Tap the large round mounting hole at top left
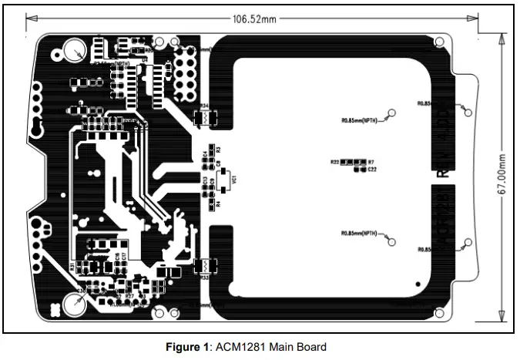[x=75, y=52]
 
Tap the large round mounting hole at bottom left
[x=76, y=304]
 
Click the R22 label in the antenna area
[x=335, y=163]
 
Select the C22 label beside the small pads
[x=372, y=169]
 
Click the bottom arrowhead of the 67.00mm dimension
[x=502, y=316]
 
